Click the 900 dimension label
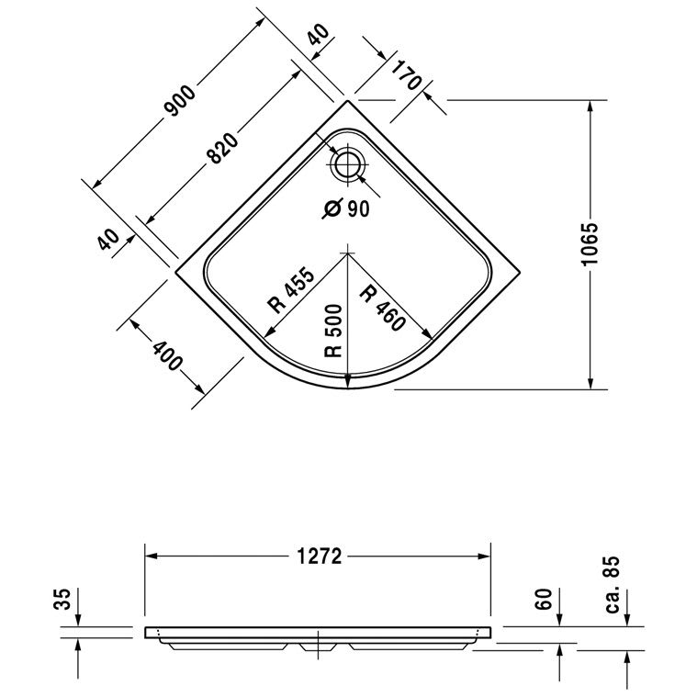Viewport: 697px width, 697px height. tap(180, 101)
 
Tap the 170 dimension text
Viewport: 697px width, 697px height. tap(406, 75)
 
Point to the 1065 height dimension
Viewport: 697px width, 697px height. tap(590, 244)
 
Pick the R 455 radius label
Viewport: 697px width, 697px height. tap(291, 290)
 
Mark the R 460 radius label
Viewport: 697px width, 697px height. tap(383, 309)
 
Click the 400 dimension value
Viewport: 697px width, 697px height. tap(167, 355)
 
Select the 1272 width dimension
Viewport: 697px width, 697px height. tap(320, 556)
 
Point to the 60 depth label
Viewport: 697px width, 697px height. tap(544, 599)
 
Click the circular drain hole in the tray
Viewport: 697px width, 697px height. tap(348, 165)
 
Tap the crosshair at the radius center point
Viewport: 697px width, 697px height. tap(348, 253)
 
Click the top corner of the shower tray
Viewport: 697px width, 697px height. tap(348, 100)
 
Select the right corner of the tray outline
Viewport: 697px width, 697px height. tap(520, 271)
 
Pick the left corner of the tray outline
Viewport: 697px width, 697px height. tap(176, 271)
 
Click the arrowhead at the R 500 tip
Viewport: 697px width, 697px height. tap(348, 381)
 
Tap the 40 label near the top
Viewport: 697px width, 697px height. tap(319, 35)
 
